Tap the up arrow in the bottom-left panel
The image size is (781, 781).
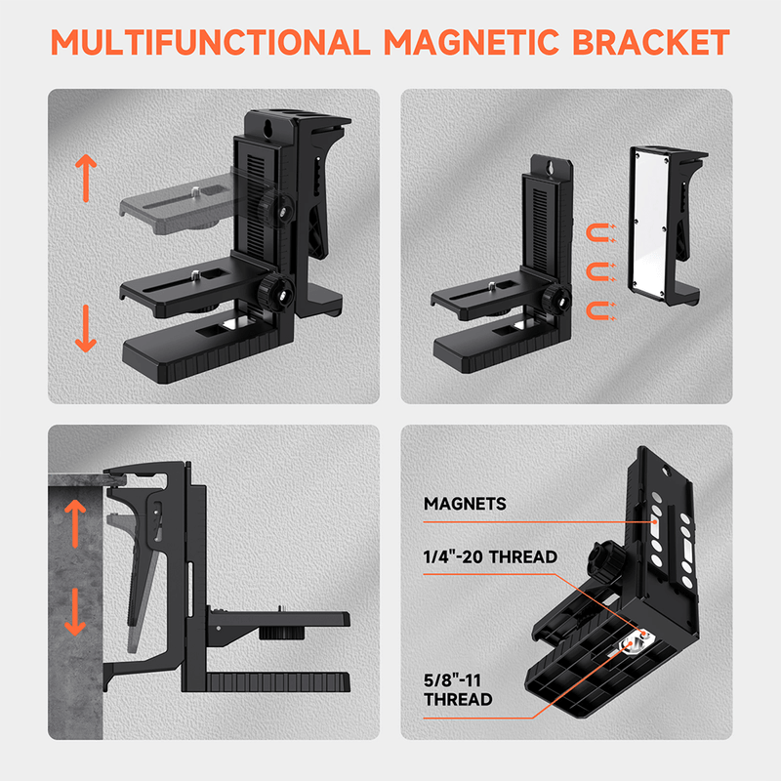click(x=74, y=522)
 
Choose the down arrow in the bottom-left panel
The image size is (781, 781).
click(x=74, y=612)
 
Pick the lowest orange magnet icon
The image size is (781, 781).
click(x=596, y=310)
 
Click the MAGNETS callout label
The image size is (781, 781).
click(x=465, y=504)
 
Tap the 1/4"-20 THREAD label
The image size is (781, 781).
click(x=490, y=557)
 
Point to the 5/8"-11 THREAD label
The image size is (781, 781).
click(x=458, y=689)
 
